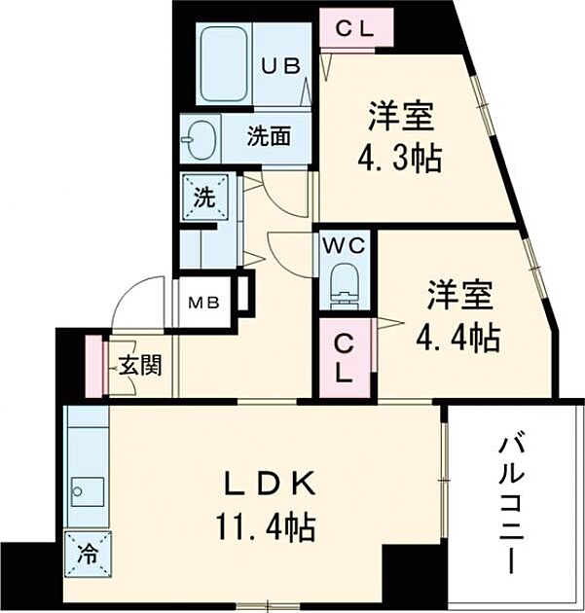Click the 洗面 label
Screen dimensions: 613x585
tap(267, 137)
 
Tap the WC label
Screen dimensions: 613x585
tap(344, 245)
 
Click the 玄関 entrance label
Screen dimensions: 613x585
tap(140, 367)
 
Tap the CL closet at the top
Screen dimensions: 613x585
tap(354, 27)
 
